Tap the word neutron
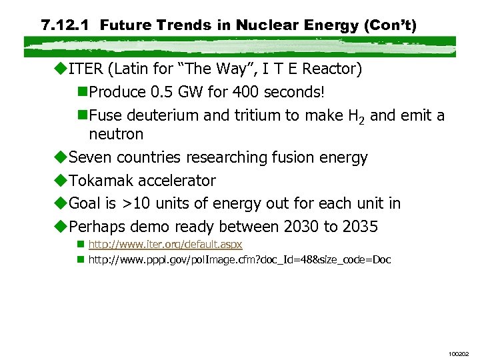[x=116, y=134]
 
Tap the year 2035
[x=360, y=227]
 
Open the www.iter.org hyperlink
[x=165, y=245]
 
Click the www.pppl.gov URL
[x=239, y=259]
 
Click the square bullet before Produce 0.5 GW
[x=83, y=92]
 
